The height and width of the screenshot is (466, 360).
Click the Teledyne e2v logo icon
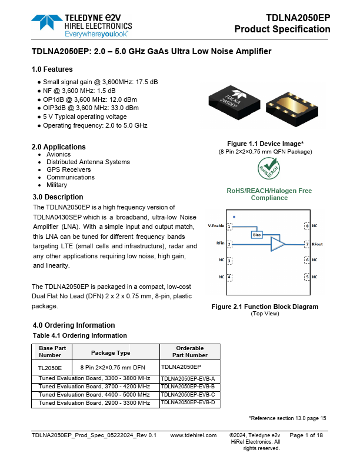point(44,22)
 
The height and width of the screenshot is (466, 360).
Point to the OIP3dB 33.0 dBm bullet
point(88,108)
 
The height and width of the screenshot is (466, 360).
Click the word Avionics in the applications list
point(58,154)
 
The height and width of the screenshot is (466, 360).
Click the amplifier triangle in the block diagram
point(277,244)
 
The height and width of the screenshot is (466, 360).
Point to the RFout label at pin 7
point(317,244)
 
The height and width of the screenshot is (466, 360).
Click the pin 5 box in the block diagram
point(306,276)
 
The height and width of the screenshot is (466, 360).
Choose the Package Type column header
point(111,353)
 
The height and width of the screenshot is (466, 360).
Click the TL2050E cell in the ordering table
point(50,367)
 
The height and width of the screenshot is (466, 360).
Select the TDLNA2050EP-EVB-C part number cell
point(188,395)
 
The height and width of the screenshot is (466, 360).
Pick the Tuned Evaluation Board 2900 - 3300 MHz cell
point(94,402)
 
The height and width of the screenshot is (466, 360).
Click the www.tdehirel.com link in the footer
point(193,435)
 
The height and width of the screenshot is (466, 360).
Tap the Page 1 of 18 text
point(306,435)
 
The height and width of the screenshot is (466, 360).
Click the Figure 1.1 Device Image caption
point(265,144)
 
